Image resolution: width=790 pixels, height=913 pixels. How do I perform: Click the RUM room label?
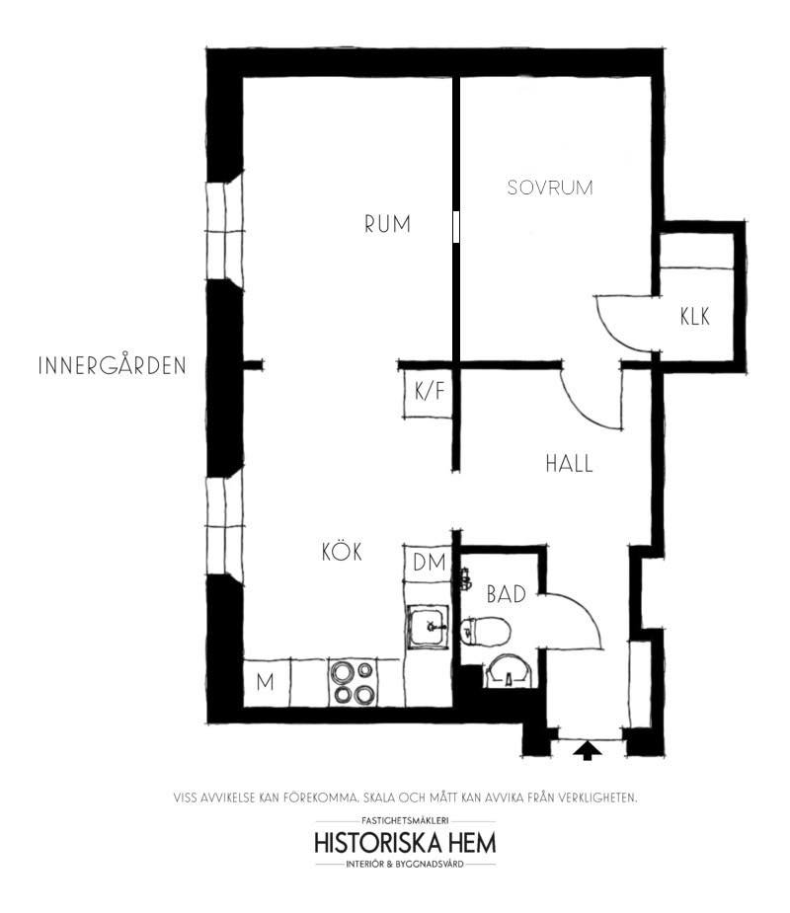tap(387, 224)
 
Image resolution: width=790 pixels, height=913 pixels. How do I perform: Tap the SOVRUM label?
tap(550, 188)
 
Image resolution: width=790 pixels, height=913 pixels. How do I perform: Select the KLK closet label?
tap(695, 316)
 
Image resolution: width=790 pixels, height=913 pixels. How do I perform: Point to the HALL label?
tap(569, 464)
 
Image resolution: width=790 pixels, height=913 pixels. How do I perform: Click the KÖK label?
tap(342, 551)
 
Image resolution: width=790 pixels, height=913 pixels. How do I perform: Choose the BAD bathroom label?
tap(507, 594)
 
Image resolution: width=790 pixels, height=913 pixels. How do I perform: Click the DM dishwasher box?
tap(429, 563)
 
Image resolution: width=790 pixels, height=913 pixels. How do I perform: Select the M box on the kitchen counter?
tap(267, 682)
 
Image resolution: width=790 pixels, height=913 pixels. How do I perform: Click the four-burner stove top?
tap(354, 682)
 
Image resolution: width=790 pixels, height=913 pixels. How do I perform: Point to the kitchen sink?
tap(429, 627)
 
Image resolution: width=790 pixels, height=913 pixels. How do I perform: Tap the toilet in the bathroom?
tap(485, 631)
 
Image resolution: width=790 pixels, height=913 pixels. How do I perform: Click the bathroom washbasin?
tap(509, 671)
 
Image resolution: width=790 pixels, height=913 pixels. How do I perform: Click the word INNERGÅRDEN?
tap(113, 365)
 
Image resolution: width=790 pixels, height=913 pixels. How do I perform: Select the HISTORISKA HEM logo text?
tap(405, 843)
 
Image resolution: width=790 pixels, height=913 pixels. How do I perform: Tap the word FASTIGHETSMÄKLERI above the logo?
tap(405, 820)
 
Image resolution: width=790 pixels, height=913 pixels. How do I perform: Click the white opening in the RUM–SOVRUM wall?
tap(456, 226)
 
